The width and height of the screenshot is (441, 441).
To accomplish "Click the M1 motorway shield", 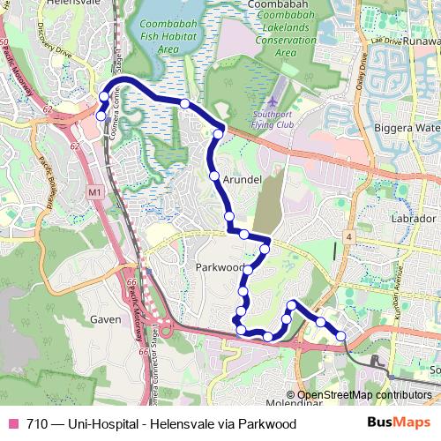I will [95, 191].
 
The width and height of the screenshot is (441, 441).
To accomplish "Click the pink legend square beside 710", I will [13, 423].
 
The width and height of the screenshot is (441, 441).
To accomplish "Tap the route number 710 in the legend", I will [38, 423].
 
